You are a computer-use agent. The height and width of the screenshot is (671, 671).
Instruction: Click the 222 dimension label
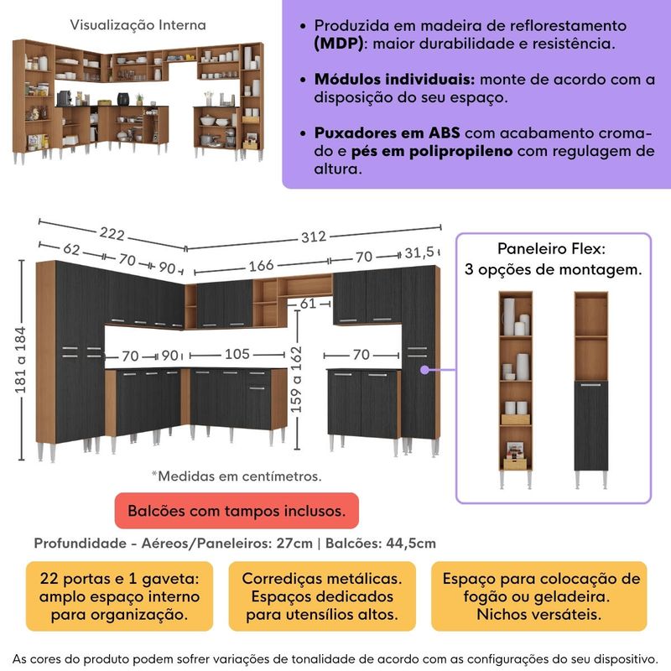click(112, 234)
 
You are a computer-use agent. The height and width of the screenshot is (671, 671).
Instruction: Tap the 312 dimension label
click(313, 237)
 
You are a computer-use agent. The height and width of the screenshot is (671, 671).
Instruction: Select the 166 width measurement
click(261, 266)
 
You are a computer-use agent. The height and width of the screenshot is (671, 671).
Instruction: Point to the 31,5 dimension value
click(419, 252)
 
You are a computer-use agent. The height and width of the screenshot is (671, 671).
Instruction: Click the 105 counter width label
click(237, 354)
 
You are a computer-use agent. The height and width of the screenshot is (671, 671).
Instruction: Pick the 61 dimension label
click(308, 304)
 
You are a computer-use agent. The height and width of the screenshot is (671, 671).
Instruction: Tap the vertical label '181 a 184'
click(20, 361)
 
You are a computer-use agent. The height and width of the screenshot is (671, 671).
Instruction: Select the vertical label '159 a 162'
click(296, 380)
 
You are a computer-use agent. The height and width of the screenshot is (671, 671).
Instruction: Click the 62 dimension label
click(71, 249)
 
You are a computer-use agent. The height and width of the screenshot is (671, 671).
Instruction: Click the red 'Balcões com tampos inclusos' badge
click(237, 511)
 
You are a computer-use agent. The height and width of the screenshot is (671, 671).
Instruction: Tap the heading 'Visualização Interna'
click(138, 25)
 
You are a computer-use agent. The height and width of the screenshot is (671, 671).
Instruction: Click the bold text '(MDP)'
click(339, 44)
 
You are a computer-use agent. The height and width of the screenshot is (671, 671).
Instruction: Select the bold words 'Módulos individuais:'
click(394, 79)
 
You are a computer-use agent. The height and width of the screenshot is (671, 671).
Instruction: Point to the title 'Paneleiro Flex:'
click(551, 248)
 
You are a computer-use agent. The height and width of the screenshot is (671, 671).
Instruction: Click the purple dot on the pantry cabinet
click(424, 370)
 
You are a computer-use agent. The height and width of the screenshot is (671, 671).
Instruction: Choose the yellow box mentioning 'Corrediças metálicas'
click(322, 596)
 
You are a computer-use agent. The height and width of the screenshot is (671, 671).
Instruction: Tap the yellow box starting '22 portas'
click(119, 596)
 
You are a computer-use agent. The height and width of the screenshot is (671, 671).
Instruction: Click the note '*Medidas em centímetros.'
click(237, 476)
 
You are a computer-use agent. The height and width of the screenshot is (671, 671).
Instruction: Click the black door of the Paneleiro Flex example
click(591, 426)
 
